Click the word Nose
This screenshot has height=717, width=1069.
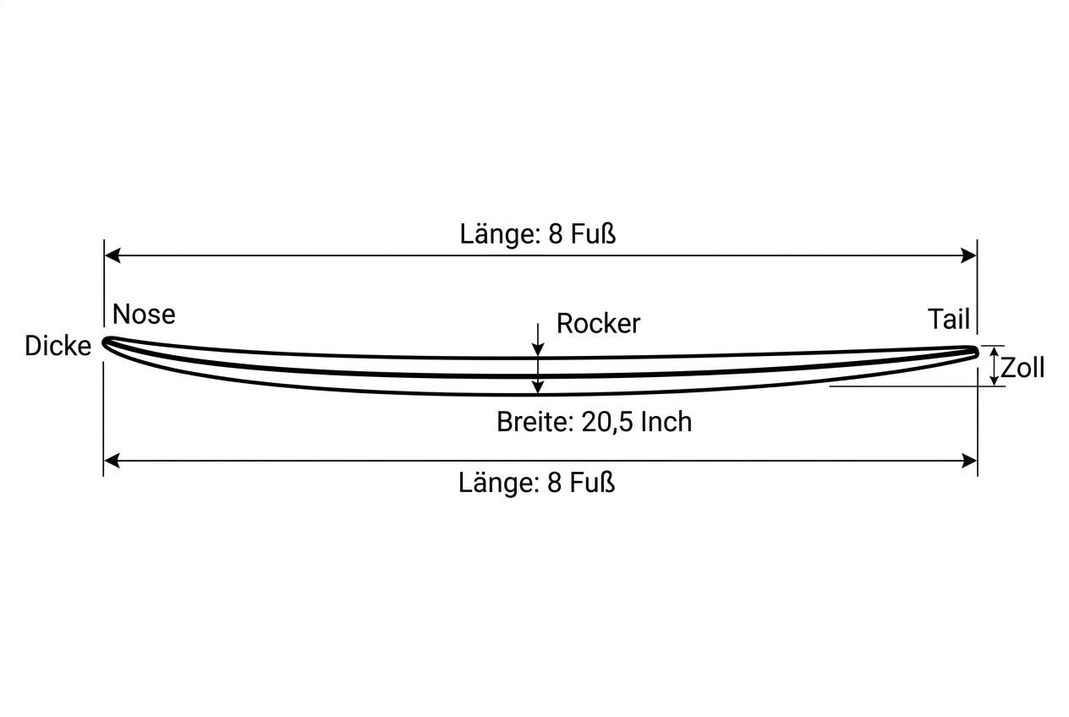(x=144, y=315)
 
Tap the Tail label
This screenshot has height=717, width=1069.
(x=949, y=319)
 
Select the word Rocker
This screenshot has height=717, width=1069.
(x=598, y=324)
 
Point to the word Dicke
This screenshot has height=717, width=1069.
(x=58, y=346)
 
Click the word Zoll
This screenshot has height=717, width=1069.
(x=1022, y=368)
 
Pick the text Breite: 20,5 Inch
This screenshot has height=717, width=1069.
(x=595, y=422)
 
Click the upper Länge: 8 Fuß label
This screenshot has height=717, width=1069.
(x=538, y=234)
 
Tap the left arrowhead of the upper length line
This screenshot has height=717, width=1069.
(x=112, y=255)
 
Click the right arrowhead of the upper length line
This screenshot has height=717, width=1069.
(x=969, y=255)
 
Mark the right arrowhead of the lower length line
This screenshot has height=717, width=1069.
(x=969, y=461)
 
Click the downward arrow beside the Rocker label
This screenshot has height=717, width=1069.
(x=538, y=340)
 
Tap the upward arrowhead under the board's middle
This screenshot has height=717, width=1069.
(x=538, y=387)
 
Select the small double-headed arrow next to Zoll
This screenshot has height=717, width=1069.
(x=994, y=366)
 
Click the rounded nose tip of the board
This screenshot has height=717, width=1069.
(x=105, y=343)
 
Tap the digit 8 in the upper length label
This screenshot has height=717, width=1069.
(x=555, y=234)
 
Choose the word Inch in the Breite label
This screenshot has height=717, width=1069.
(x=666, y=422)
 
